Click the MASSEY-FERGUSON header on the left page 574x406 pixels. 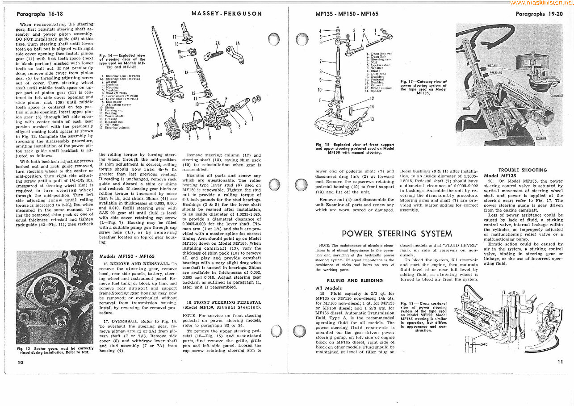pyautogui.click(x=226, y=13)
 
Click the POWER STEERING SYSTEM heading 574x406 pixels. pyautogui.click(x=397, y=234)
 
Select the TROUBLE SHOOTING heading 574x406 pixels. pyautogui.click(x=522, y=170)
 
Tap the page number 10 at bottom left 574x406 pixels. pyautogui.click(x=20, y=362)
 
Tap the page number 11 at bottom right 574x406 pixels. pyautogui.click(x=560, y=362)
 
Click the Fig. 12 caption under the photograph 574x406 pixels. pyautogui.click(x=55, y=350)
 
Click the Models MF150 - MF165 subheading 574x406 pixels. pyautogui.click(x=127, y=256)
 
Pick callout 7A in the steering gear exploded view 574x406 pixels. pyautogui.click(x=218, y=44)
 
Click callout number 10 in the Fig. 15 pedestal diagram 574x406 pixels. pyautogui.click(x=320, y=90)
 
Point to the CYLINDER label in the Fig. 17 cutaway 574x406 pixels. pyautogui.click(x=541, y=138)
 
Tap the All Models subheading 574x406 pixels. pyautogui.click(x=329, y=288)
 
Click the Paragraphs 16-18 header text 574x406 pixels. pyautogui.click(x=40, y=14)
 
